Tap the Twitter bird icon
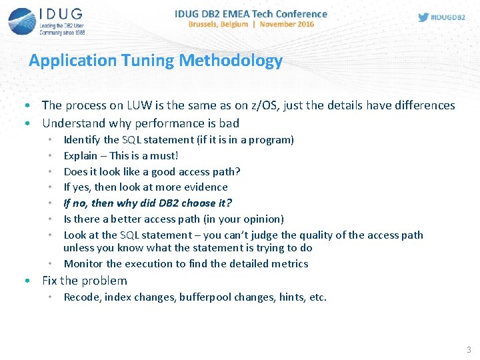[423, 17]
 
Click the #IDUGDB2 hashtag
[448, 18]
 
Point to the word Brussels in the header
[208, 24]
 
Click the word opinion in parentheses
[263, 219]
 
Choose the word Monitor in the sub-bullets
[83, 264]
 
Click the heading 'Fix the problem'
[84, 281]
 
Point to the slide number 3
[469, 349]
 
